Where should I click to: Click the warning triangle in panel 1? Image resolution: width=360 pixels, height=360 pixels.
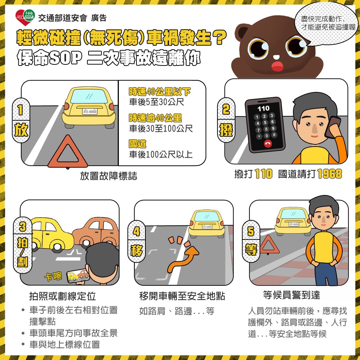68,153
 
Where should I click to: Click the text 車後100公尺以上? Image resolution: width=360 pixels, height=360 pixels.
161,155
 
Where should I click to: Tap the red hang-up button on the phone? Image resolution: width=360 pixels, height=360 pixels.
267,143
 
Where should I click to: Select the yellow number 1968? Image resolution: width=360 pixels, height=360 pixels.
329,174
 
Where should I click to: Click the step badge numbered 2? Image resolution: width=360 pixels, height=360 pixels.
226,109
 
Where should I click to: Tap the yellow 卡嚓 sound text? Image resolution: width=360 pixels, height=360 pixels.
53,276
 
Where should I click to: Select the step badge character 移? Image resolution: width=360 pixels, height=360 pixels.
136,249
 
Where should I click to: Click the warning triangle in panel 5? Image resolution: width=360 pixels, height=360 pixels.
267,244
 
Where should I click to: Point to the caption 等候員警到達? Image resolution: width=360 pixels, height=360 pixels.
292,296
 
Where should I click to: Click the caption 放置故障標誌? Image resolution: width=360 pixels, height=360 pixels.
108,176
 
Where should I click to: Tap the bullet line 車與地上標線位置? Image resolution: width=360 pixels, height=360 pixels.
64,345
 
